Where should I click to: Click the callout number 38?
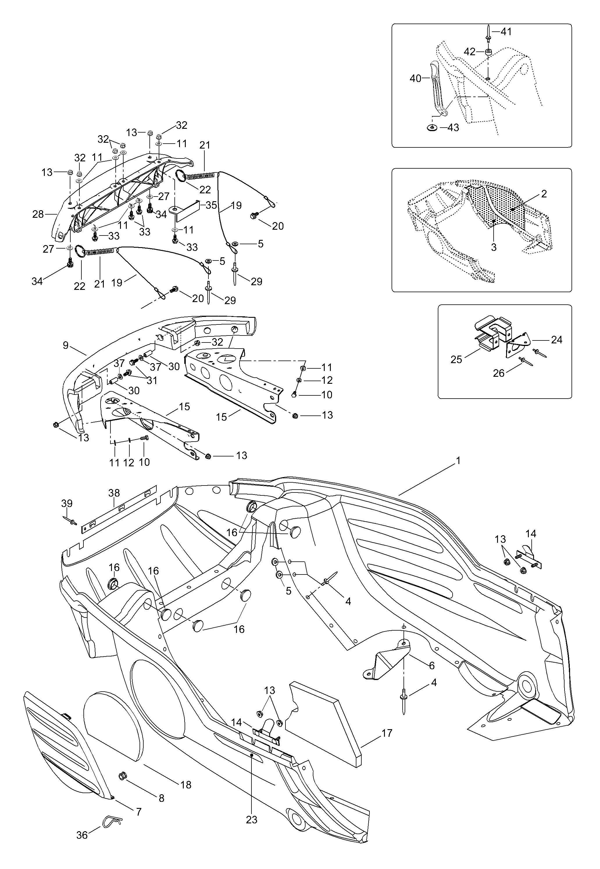114,493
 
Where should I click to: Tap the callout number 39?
67,504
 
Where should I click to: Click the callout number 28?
38,214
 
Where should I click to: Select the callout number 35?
211,205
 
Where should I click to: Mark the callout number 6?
432,665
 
